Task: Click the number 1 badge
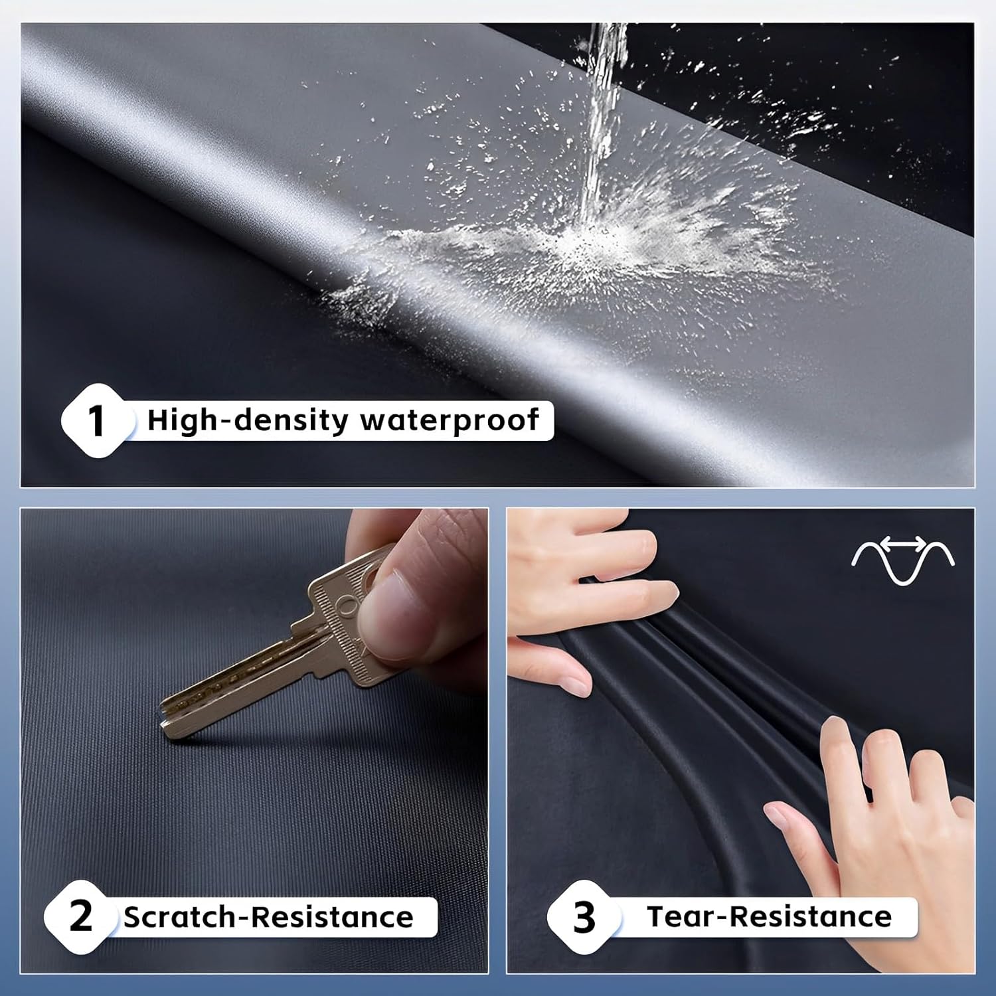coord(97,421)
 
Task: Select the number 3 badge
coord(584,917)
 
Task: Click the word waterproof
coord(450,421)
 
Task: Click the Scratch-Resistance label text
coord(268,917)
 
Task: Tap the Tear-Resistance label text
coord(770,916)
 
